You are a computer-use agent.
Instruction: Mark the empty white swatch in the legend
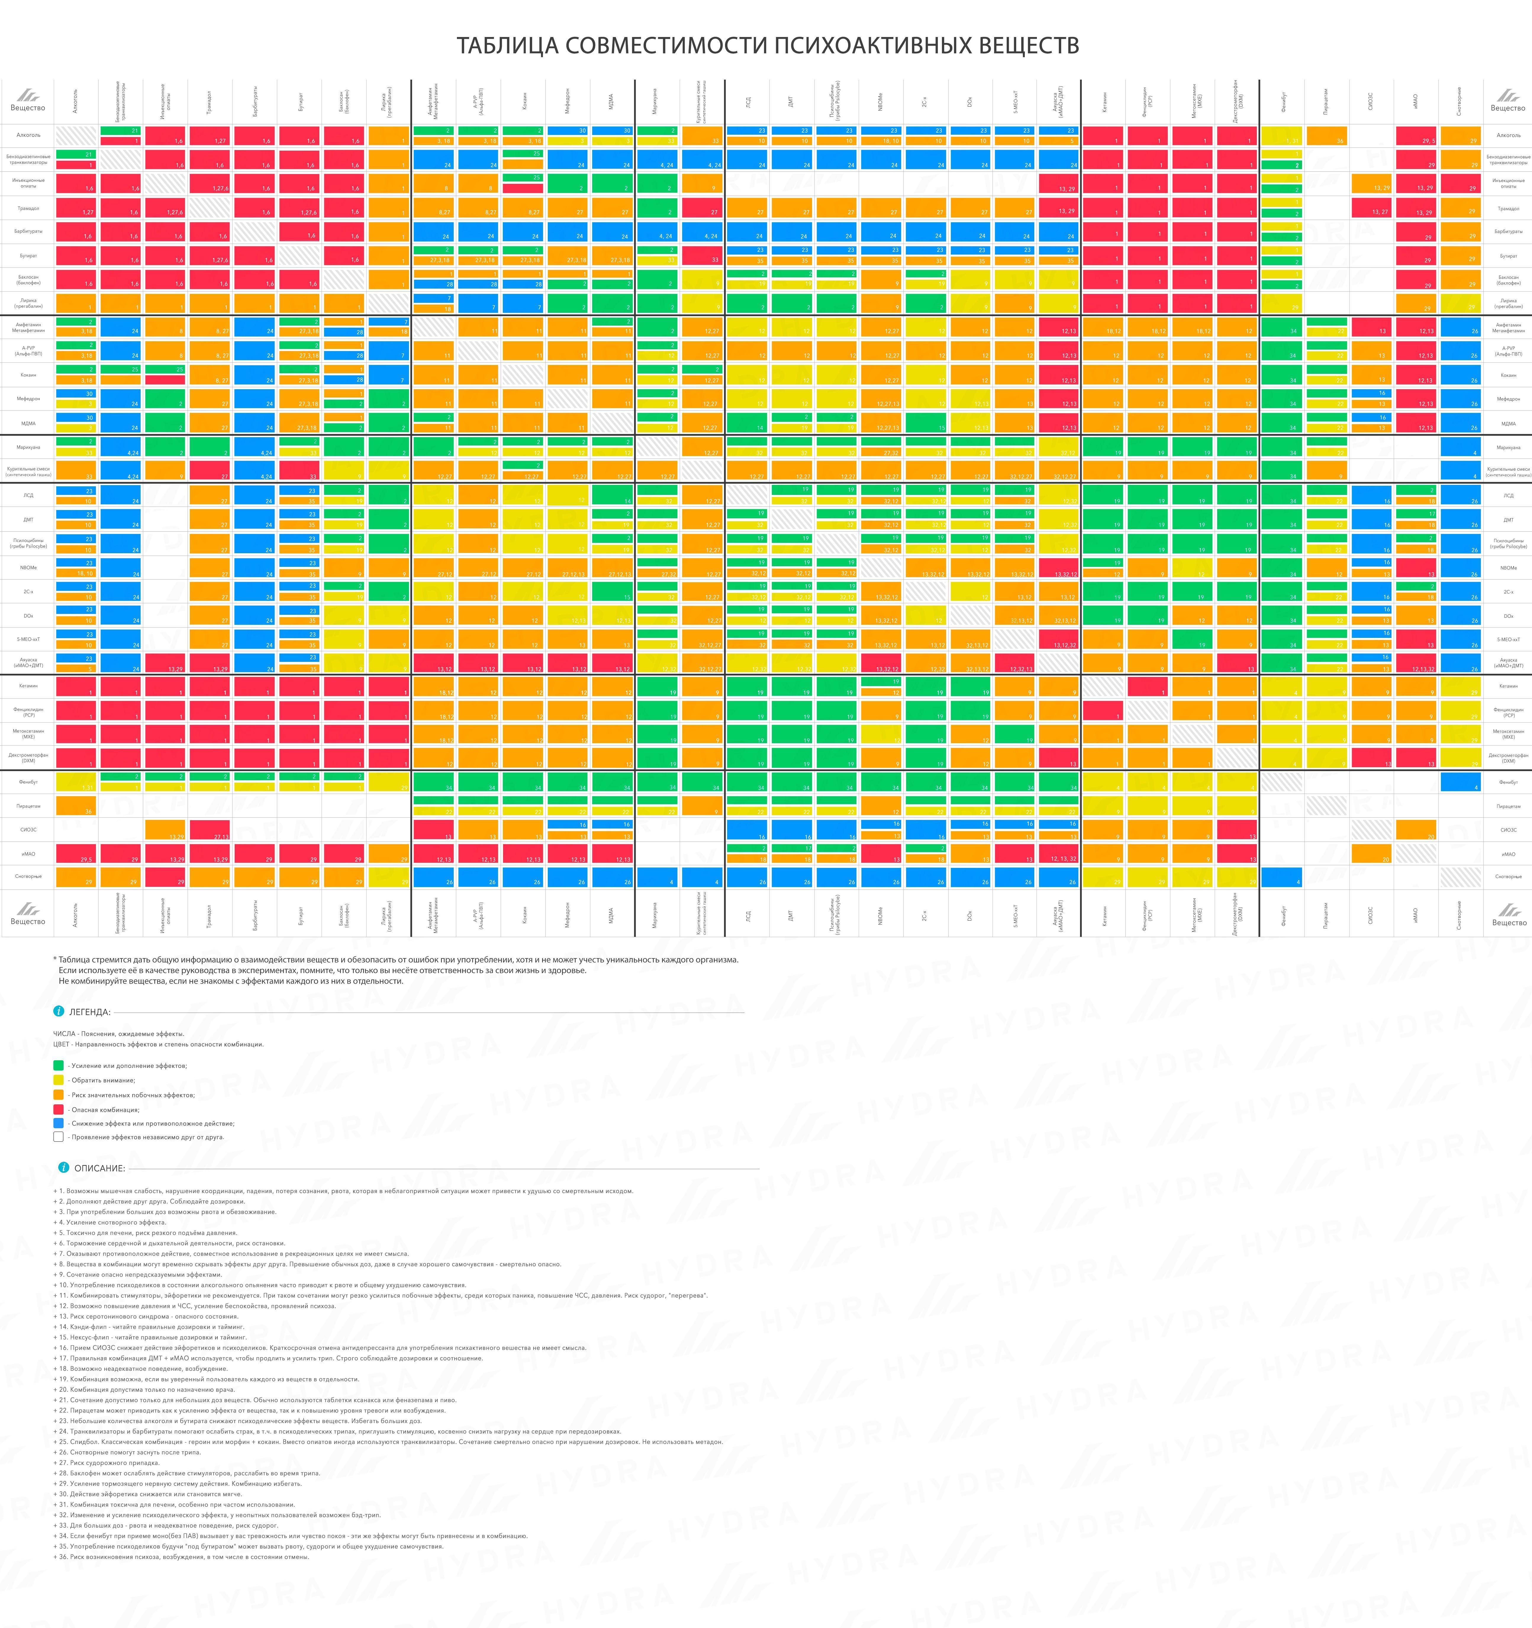58,1137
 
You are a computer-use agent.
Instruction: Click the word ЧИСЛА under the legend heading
64,1033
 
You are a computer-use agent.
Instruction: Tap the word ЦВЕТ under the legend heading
62,1044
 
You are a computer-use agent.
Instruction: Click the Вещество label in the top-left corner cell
28,108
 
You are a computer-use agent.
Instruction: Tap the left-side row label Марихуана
28,447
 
